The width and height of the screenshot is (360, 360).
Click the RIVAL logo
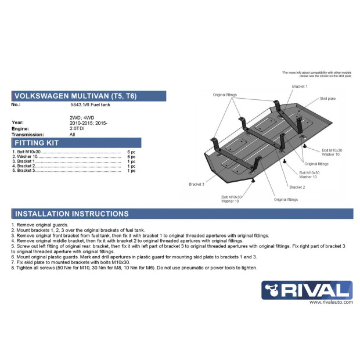307,290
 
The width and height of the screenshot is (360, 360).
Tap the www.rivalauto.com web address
331,302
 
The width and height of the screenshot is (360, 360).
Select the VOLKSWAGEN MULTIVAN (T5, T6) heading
75,96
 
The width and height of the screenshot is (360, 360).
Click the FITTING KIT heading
37,143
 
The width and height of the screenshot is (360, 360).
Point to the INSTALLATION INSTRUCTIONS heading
71,214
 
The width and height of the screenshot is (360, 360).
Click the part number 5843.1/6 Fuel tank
90,105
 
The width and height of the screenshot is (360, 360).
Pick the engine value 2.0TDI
77,128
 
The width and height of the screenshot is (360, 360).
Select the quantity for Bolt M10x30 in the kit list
131,152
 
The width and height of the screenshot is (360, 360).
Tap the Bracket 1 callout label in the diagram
300,87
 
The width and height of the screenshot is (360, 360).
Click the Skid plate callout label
327,99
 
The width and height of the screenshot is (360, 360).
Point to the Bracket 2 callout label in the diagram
297,187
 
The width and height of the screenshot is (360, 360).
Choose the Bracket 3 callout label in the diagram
196,184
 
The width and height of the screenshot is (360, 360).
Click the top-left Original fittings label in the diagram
225,95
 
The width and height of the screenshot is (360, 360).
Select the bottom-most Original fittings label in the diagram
286,200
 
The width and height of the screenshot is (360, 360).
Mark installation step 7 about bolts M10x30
71,262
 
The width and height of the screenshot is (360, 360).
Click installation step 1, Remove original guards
39,225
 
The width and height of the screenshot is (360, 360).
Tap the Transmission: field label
27,135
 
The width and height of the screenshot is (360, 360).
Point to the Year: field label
17,123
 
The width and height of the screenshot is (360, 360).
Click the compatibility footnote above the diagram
316,74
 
